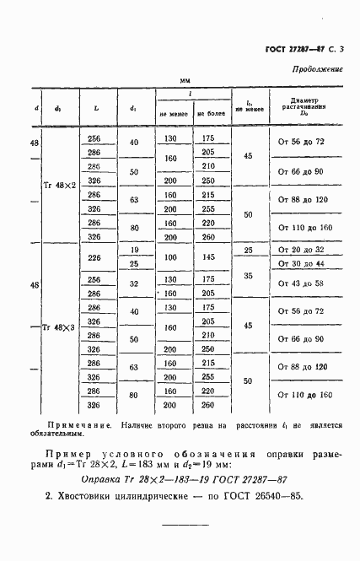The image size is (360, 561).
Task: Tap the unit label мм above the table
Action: point(185,80)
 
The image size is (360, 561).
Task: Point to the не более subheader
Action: point(207,114)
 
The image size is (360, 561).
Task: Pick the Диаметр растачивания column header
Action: point(302,107)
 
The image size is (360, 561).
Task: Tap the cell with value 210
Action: point(207,166)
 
